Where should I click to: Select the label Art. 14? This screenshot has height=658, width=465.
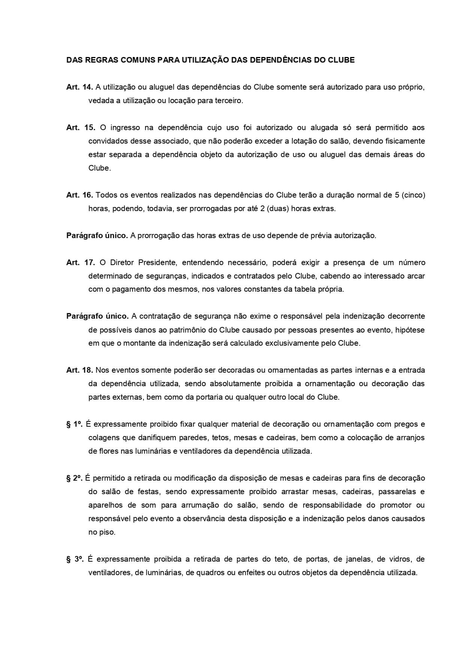tap(79, 87)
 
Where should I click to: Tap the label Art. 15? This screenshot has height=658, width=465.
tap(81, 127)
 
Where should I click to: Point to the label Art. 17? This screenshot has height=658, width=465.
tap(81, 262)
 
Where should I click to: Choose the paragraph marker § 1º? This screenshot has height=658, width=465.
tap(74, 424)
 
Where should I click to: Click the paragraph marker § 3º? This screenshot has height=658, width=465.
tap(75, 559)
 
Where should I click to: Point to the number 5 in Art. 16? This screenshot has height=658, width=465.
tap(397, 195)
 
